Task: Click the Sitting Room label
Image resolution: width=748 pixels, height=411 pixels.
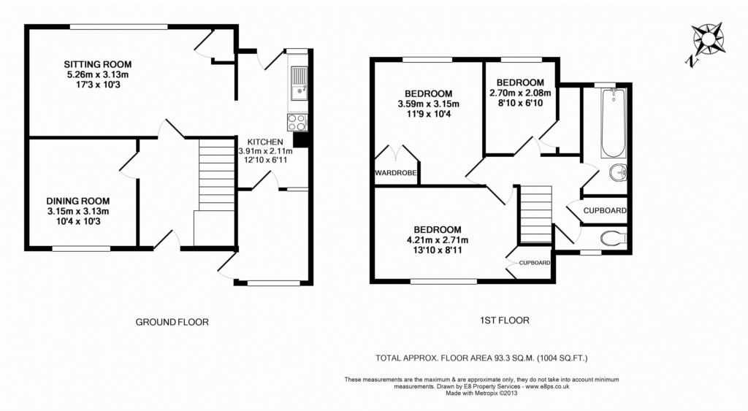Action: point(98,64)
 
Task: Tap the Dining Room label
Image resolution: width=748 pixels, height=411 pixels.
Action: point(77,201)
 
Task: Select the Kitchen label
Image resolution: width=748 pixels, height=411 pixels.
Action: point(265,142)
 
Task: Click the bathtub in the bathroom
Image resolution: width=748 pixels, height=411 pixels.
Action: point(614,123)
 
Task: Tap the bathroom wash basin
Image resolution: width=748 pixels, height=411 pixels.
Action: point(618,172)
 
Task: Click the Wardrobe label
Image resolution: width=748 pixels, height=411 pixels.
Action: point(395,173)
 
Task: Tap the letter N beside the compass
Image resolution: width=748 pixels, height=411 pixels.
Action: point(690,61)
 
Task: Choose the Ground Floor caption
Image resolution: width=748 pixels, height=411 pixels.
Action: point(172,323)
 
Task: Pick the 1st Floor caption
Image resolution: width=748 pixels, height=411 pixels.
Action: point(505,320)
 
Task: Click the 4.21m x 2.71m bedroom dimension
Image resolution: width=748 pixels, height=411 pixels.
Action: point(434,240)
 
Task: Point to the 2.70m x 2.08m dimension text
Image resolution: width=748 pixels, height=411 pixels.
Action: point(520,93)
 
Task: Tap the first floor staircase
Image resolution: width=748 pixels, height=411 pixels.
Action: point(535,215)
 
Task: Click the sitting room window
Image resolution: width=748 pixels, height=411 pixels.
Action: point(118,27)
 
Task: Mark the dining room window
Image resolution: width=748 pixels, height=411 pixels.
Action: point(81,248)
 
